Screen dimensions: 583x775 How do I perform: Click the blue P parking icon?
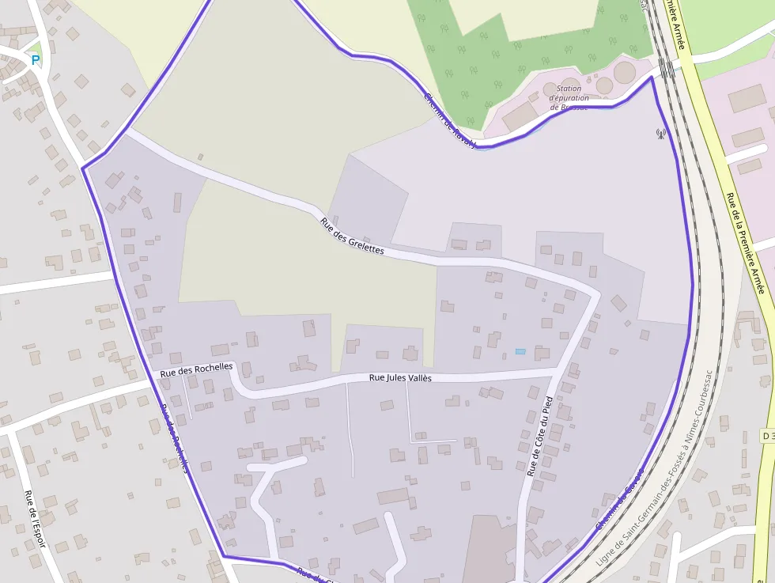35,59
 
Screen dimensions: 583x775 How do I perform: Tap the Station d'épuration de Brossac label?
569,98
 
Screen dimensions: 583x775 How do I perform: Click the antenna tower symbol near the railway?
660,133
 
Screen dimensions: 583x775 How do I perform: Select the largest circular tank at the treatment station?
625,72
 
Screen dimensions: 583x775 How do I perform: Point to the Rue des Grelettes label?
352,236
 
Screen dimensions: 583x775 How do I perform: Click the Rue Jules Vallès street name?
400,378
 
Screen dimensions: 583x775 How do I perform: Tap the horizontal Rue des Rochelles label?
196,369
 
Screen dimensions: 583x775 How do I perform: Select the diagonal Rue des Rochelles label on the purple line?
175,438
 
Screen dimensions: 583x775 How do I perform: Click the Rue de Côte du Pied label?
539,435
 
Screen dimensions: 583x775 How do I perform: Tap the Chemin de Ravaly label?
450,121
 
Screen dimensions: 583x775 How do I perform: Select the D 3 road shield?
767,436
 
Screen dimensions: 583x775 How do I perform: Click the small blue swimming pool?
520,351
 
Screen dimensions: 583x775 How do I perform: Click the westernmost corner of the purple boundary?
83,168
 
